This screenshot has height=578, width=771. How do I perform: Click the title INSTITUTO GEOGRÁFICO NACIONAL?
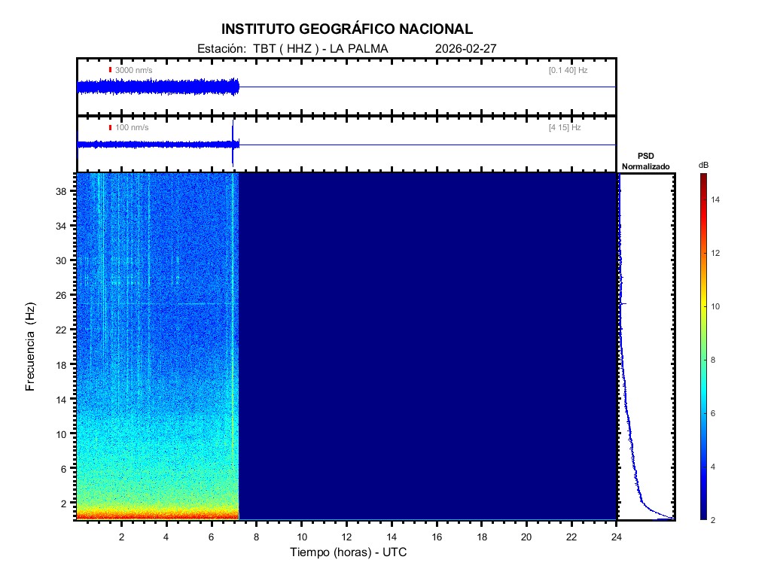click(x=347, y=29)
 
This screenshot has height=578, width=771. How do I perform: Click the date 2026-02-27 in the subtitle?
click(x=465, y=49)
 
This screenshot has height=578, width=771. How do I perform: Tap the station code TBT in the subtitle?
click(x=264, y=49)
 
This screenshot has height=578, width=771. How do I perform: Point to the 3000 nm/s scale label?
click(x=133, y=70)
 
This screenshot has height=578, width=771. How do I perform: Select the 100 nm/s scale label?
click(x=132, y=128)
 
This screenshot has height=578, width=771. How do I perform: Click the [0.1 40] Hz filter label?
click(x=568, y=70)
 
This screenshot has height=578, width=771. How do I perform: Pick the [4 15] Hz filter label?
click(x=565, y=128)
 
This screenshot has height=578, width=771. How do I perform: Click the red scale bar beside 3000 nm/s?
click(x=110, y=70)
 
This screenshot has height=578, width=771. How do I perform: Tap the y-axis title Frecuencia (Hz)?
click(x=31, y=346)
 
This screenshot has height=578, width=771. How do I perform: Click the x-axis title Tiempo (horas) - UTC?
click(x=349, y=552)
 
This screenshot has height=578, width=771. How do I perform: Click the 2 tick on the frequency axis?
click(x=65, y=503)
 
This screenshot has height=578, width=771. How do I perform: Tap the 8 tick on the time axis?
click(x=256, y=537)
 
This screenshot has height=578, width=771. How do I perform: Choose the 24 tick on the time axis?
click(x=617, y=537)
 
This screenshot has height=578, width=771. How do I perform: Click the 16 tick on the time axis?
click(x=437, y=537)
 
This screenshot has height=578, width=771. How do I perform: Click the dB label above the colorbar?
click(x=703, y=165)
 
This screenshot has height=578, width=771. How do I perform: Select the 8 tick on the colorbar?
click(x=715, y=360)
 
